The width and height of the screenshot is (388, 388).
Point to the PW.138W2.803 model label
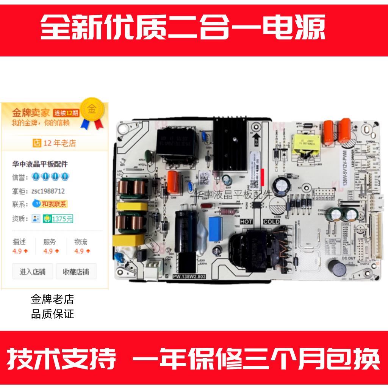(x=189, y=277)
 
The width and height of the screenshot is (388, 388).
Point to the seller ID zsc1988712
(x=48, y=191)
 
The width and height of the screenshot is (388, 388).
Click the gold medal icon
(x=91, y=110)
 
